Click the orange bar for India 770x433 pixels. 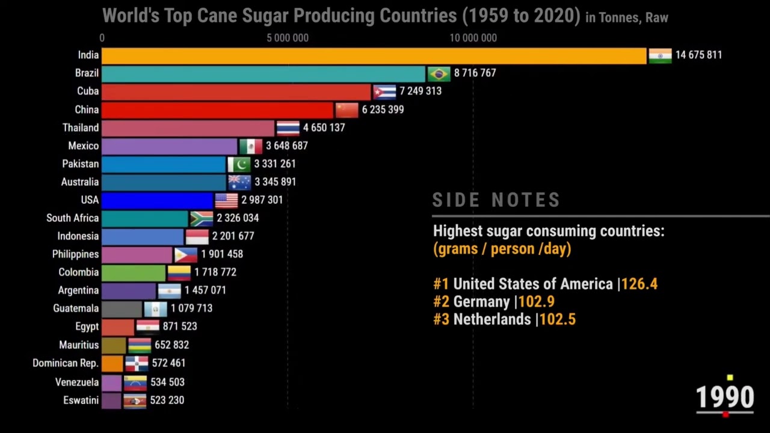tap(373, 55)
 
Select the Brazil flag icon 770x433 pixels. tap(439, 73)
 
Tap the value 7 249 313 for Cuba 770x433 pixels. tap(420, 91)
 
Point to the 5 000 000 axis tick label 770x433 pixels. tap(288, 38)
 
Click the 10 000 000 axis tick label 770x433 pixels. tap(473, 38)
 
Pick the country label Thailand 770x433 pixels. tap(81, 127)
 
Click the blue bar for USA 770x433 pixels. tap(157, 200)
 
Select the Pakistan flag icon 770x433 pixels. tap(239, 164)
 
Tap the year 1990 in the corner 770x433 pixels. tap(724, 398)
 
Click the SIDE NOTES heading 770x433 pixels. tap(496, 200)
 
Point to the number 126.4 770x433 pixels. tap(639, 284)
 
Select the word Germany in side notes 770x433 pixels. tap(481, 301)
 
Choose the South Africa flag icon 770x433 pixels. tap(202, 218)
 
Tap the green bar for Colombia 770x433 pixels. tap(133, 272)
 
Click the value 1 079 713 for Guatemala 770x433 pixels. tap(191, 309)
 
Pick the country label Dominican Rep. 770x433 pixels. tap(66, 363)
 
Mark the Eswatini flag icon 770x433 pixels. tap(135, 401)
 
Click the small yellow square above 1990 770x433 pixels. tap(730, 378)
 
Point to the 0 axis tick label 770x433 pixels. tap(102, 38)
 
